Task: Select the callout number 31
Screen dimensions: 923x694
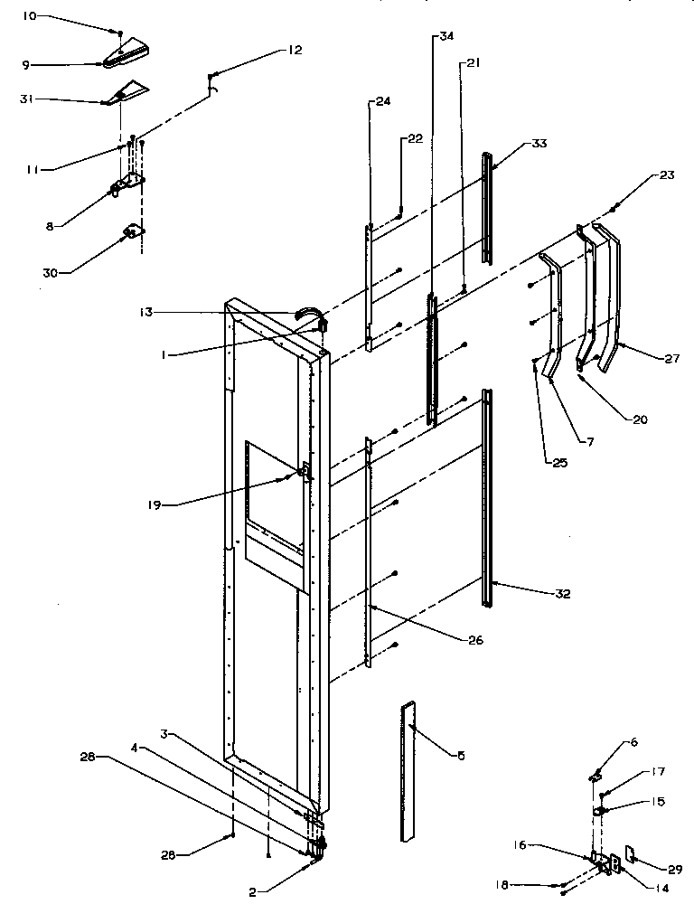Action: (28, 100)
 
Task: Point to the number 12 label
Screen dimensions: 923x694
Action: (295, 51)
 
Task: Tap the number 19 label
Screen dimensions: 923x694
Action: (155, 505)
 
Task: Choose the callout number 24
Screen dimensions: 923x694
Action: (382, 102)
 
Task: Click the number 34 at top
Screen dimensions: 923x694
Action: (446, 37)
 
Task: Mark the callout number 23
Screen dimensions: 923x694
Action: (667, 176)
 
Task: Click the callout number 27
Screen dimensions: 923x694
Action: (671, 359)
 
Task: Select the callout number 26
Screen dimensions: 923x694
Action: (475, 640)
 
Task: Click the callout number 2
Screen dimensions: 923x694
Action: (257, 891)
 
